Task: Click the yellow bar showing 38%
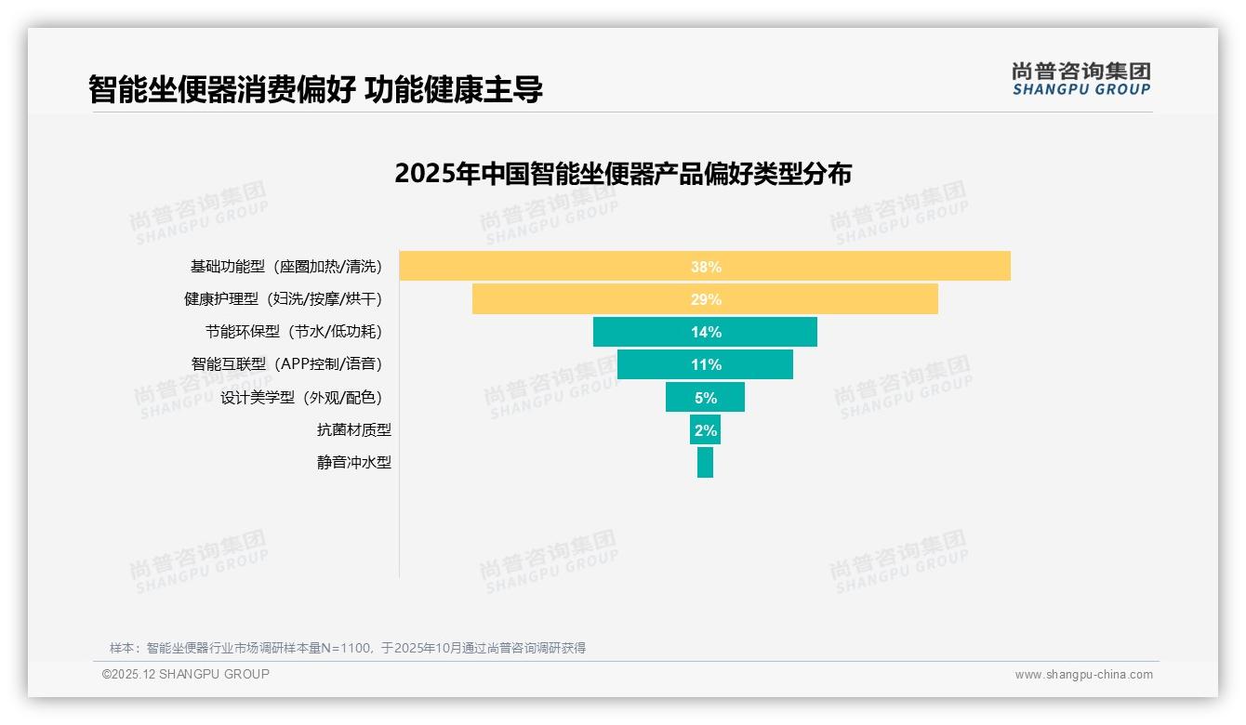point(705,267)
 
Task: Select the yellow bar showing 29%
point(705,299)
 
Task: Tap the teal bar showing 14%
point(705,332)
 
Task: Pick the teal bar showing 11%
point(705,364)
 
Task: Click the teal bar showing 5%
point(705,397)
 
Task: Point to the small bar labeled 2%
point(705,429)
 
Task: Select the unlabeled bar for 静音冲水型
point(705,462)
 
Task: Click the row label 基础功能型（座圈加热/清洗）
point(286,267)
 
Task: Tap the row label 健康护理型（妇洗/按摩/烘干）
point(283,299)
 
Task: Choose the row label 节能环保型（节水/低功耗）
point(294,332)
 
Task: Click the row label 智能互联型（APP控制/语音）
point(286,364)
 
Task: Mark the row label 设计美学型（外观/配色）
point(301,397)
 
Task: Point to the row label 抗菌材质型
point(353,429)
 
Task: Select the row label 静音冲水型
point(353,462)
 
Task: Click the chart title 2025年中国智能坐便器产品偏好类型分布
point(623,174)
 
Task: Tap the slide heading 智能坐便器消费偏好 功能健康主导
point(316,89)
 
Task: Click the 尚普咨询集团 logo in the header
point(1081,79)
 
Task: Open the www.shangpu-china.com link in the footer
point(1083,675)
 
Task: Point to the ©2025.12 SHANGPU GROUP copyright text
point(186,674)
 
